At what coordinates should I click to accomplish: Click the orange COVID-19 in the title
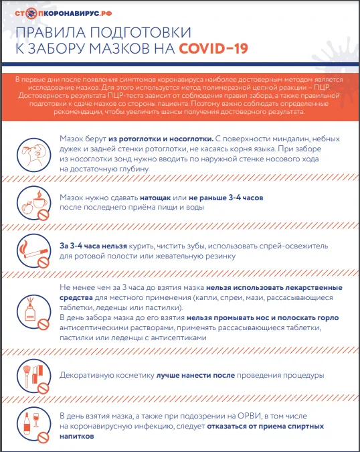point(213,48)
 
